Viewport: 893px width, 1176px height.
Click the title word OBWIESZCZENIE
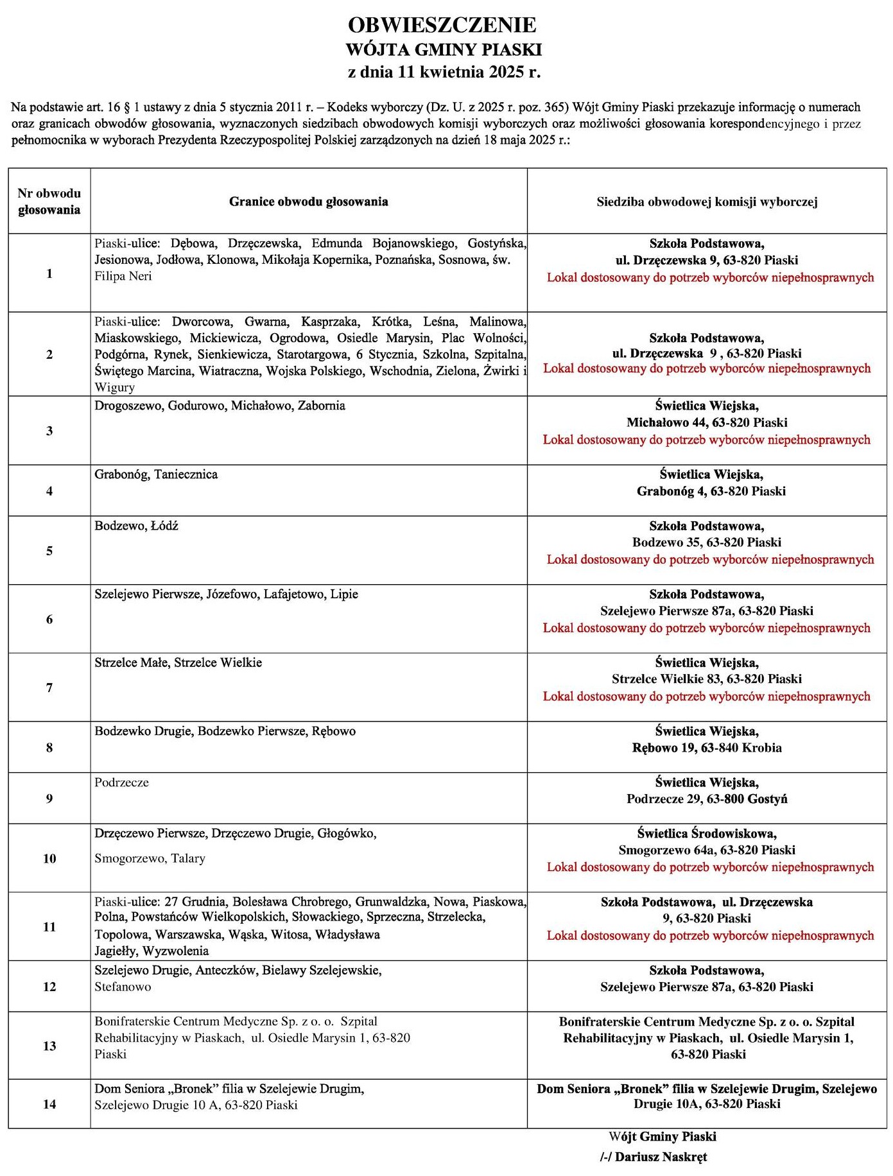(442, 25)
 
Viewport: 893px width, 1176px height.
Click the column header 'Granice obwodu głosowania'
(308, 202)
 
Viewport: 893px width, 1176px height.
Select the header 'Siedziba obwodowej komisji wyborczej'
(707, 202)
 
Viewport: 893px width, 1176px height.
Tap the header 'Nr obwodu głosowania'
(49, 202)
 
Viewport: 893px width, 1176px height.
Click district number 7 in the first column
(49, 687)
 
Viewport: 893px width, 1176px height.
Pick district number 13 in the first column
(49, 1046)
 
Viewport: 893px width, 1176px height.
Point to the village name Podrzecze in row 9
(121, 783)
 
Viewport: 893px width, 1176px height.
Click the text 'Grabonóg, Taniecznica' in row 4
(156, 474)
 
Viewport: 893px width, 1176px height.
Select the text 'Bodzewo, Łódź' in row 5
(136, 526)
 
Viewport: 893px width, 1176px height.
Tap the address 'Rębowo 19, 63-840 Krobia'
(707, 748)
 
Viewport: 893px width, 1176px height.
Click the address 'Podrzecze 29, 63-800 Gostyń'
(707, 799)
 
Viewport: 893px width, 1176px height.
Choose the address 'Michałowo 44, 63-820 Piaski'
(707, 422)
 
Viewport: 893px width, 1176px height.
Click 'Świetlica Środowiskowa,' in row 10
(707, 833)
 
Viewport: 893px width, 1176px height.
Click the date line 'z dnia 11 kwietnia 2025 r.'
(444, 72)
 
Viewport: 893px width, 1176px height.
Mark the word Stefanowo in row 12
(123, 987)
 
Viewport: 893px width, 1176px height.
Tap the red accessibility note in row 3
(707, 440)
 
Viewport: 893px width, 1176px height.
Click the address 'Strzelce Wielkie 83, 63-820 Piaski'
(707, 679)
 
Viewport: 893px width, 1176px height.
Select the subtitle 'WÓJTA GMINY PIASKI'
(444, 49)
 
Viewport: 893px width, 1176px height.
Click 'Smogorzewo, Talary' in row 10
(150, 858)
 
